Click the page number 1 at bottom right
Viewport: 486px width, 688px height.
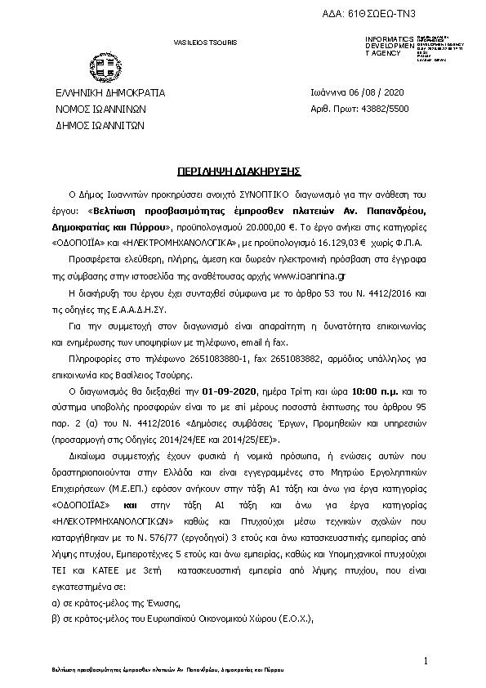click(x=426, y=659)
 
